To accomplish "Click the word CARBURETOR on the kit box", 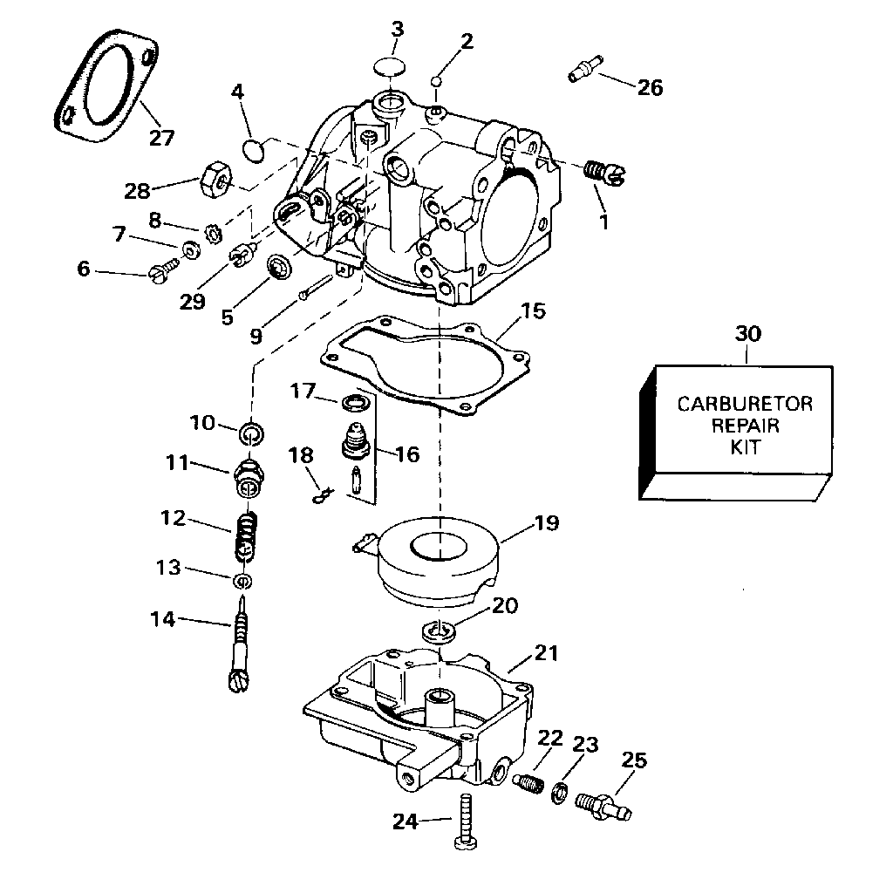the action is pos(745,404).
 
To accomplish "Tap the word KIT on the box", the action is pos(746,447).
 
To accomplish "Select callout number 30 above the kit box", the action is pos(747,333).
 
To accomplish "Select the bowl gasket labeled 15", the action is pos(426,365).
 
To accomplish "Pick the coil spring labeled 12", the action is pos(246,535).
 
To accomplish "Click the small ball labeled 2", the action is pos(437,81).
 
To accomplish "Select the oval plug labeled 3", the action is pos(391,66).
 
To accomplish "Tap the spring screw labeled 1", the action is pos(606,174).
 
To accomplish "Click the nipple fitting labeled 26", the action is pos(585,68).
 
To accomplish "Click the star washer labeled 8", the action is pos(215,234).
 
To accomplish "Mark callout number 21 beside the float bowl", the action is pos(546,652).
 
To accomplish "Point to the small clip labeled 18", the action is pos(322,495).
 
